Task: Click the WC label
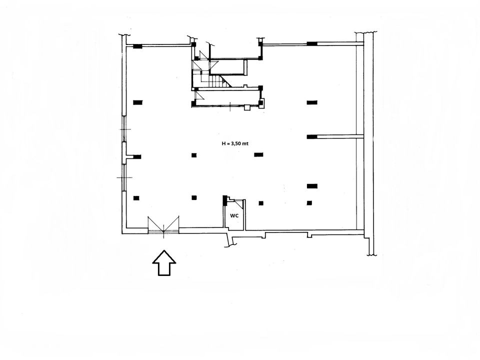click(x=234, y=215)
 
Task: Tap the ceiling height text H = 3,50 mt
click(x=235, y=143)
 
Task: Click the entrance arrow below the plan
click(x=164, y=262)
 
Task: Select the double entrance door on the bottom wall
click(x=163, y=226)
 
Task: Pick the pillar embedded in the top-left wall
click(x=137, y=46)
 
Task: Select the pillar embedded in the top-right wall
click(x=311, y=44)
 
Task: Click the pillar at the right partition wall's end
click(x=312, y=137)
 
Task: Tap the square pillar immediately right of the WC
click(x=261, y=203)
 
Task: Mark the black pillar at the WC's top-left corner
click(x=224, y=200)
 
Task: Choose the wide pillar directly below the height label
click(x=258, y=155)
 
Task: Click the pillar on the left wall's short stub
click(x=137, y=157)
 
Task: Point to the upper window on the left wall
click(x=124, y=128)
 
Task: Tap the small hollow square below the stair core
click(x=247, y=107)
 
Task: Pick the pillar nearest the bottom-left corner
click(x=136, y=198)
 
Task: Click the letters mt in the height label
click(x=245, y=143)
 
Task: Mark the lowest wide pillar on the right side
click(x=312, y=186)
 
